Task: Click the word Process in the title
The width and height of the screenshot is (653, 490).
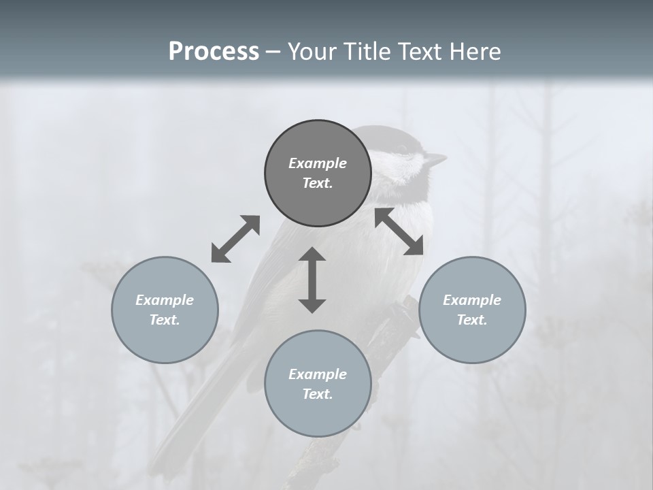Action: pyautogui.click(x=214, y=52)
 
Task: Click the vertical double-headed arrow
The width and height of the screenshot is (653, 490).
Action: pyautogui.click(x=312, y=280)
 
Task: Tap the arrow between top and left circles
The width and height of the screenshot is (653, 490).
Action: pyautogui.click(x=235, y=239)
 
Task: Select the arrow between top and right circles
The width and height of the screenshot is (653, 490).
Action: pyautogui.click(x=399, y=231)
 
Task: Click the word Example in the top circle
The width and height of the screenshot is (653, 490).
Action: pyautogui.click(x=318, y=163)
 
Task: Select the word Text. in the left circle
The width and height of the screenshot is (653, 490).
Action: pyautogui.click(x=165, y=320)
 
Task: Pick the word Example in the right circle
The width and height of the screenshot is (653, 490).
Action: pyautogui.click(x=472, y=300)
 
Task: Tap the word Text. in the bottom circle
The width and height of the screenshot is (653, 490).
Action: pyautogui.click(x=318, y=394)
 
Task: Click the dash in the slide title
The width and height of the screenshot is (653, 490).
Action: pyautogui.click(x=273, y=52)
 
